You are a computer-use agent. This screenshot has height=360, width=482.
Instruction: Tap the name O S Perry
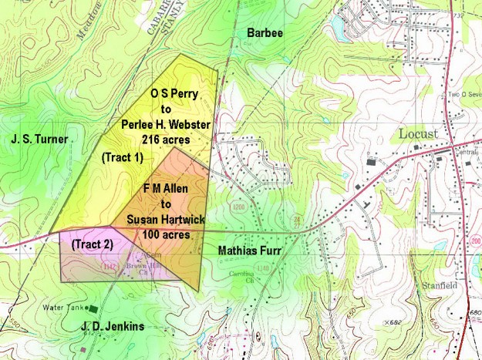pyautogui.click(x=174, y=94)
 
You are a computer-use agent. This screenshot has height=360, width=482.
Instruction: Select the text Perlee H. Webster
pyautogui.click(x=167, y=125)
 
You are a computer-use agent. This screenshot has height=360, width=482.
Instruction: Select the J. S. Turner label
pyautogui.click(x=40, y=140)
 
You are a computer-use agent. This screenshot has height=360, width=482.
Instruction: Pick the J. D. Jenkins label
pyautogui.click(x=112, y=327)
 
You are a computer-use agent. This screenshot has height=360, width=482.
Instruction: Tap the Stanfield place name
pyautogui.click(x=437, y=284)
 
